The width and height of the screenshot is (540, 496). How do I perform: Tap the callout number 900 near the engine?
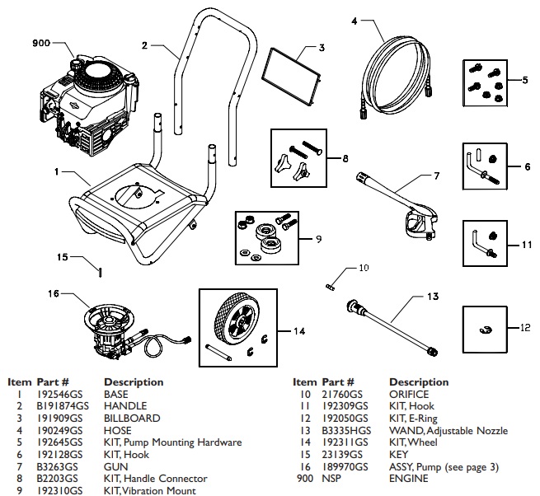(x=41, y=43)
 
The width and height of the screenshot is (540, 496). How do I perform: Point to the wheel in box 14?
(x=236, y=325)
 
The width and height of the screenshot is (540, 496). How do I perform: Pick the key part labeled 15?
(x=100, y=272)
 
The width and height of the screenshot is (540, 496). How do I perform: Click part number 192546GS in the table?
(x=59, y=395)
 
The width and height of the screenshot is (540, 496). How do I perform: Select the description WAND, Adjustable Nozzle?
(x=448, y=431)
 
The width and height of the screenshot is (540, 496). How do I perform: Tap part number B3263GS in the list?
(x=57, y=466)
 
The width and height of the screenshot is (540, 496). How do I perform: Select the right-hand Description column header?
(x=419, y=382)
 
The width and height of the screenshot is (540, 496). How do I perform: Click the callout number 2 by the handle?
(x=144, y=44)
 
